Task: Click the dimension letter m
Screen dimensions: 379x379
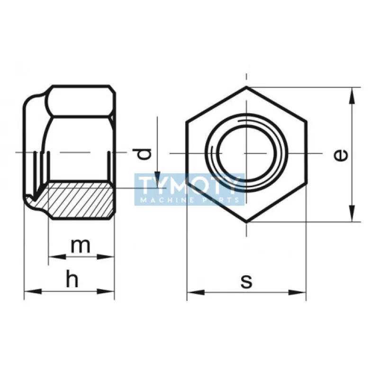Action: coord(80,245)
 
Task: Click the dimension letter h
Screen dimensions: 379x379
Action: coord(71,280)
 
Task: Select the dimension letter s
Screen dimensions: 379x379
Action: coord(246,281)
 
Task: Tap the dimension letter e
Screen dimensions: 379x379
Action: coord(341,154)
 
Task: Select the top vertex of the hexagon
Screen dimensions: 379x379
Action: coord(246,87)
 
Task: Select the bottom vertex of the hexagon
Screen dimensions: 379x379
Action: coord(246,222)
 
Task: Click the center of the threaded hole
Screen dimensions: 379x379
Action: coord(246,154)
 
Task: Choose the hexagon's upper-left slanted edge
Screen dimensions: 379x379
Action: coord(216,104)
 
